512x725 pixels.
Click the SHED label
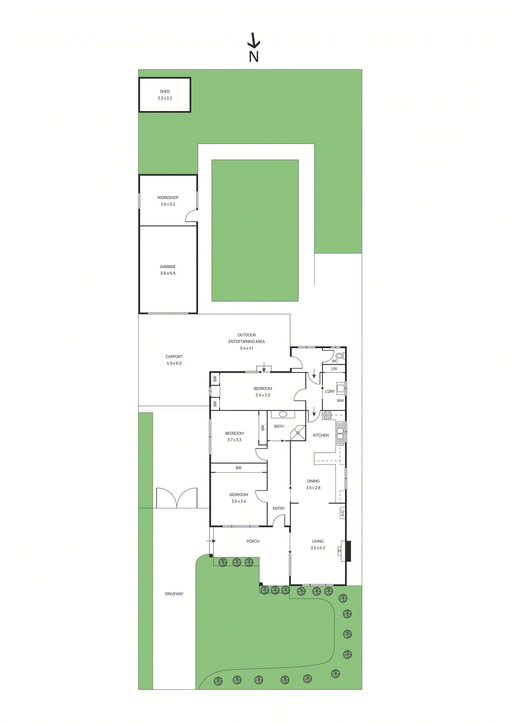pyautogui.click(x=165, y=92)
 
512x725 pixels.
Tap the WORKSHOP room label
pyautogui.click(x=168, y=198)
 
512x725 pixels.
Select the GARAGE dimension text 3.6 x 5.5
pyautogui.click(x=168, y=273)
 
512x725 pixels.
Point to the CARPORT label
pyautogui.click(x=174, y=357)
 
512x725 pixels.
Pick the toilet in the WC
pyautogui.click(x=340, y=356)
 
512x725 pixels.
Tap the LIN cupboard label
pyautogui.click(x=334, y=369)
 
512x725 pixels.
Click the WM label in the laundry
pyautogui.click(x=340, y=401)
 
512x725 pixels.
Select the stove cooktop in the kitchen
pyautogui.click(x=327, y=415)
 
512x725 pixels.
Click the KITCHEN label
pyautogui.click(x=321, y=435)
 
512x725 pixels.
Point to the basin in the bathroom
pyautogui.click(x=283, y=414)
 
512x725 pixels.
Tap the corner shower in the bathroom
pyautogui.click(x=298, y=433)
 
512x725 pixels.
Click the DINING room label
pyautogui.click(x=313, y=481)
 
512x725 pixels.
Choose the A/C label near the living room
pyautogui.click(x=343, y=513)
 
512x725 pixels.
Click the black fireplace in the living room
pyautogui.click(x=348, y=551)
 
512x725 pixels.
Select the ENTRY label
pyautogui.click(x=279, y=508)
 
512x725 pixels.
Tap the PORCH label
pyautogui.click(x=253, y=541)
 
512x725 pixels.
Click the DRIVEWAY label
pyautogui.click(x=174, y=594)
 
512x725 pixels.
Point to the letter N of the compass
pyautogui.click(x=254, y=57)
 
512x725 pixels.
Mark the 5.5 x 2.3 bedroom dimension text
pyautogui.click(x=263, y=395)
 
